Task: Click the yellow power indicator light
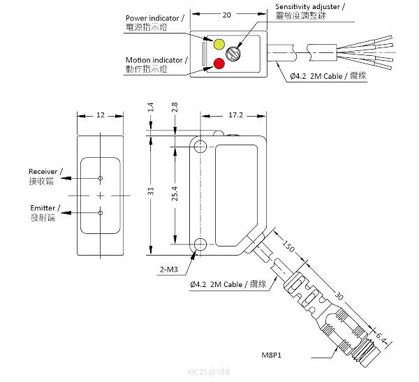tap(219, 45)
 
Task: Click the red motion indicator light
tap(219, 64)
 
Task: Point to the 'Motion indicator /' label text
tap(156, 60)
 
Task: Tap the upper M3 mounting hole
tap(200, 146)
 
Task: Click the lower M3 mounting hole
tap(200, 244)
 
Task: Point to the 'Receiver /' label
tap(46, 171)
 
